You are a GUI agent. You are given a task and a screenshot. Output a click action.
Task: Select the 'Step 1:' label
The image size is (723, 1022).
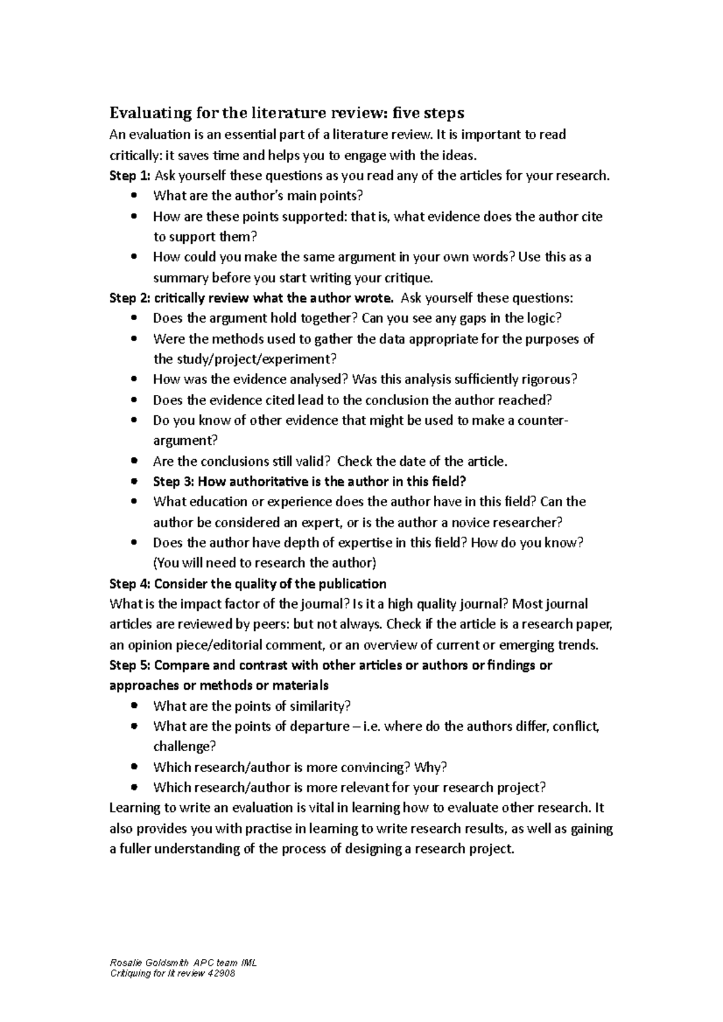click(129, 176)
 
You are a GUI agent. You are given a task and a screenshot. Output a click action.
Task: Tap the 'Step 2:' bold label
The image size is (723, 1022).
click(129, 299)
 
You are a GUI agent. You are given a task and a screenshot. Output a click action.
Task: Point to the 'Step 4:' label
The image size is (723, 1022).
click(129, 584)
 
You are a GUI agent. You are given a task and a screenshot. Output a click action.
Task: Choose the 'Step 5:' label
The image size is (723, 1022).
click(129, 666)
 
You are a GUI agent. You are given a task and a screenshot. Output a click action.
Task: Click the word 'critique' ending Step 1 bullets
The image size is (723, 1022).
click(409, 278)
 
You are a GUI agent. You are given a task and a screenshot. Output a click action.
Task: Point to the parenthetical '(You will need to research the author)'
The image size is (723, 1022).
click(265, 563)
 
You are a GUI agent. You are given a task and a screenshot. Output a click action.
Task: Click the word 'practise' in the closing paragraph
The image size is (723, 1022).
click(267, 829)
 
